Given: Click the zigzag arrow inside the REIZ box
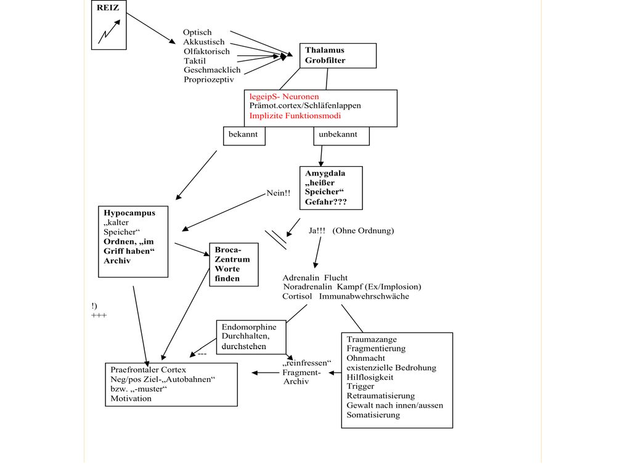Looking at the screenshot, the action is pos(108,32).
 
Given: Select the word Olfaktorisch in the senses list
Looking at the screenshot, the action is pos(206,52).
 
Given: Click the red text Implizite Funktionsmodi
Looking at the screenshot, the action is pos(295,116).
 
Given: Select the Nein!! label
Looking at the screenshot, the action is pos(278,193).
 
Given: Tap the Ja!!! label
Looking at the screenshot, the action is pos(317,231).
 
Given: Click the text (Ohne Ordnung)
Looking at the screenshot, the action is pos(363,231).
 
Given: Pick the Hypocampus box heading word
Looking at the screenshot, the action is pos(129,213).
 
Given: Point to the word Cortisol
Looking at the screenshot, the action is pos(297,296).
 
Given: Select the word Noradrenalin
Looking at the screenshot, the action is pos(307,287).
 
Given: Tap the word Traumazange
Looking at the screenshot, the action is pos(372,339).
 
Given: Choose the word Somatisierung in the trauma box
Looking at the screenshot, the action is pos(373,415).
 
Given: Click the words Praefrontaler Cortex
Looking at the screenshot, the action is pos(148,370).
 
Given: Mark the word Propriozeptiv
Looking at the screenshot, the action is pos(208,79).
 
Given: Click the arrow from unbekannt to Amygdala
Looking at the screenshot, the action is pos(321,156).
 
